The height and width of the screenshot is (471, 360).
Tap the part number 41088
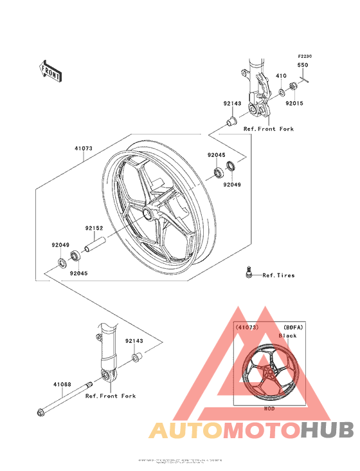(x=62, y=384)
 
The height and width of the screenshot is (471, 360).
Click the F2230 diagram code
(x=304, y=57)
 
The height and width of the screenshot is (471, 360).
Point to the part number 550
(x=302, y=66)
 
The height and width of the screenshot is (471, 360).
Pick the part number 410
(x=280, y=76)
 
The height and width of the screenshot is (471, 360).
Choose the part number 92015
(x=294, y=103)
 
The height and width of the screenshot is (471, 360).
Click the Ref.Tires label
(x=278, y=275)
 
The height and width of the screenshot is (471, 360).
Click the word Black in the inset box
(x=287, y=335)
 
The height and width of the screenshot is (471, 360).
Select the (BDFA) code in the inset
(x=292, y=327)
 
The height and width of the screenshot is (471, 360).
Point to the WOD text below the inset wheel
(x=269, y=408)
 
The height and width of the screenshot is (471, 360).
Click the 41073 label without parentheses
(x=84, y=148)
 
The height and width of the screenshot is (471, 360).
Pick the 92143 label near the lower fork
(x=134, y=341)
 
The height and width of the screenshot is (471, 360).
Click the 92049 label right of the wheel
(x=233, y=185)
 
